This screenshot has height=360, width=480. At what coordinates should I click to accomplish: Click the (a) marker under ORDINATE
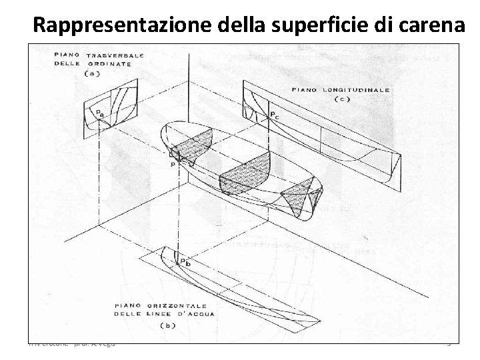coord(93,74)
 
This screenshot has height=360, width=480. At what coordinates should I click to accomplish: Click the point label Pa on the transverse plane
coord(100,113)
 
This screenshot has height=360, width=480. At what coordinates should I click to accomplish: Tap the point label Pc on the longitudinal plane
coord(274,116)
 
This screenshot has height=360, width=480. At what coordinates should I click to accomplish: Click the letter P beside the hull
coord(173,163)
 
